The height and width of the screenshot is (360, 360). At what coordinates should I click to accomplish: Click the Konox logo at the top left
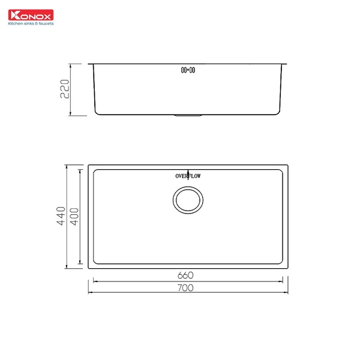click(30, 14)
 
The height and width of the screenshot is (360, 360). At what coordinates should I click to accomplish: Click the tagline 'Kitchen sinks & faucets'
click(31, 24)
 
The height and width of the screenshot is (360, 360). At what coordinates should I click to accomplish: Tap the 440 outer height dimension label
click(61, 216)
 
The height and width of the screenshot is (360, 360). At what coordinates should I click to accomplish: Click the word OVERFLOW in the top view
click(188, 176)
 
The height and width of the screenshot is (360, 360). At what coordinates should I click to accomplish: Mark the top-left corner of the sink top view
click(89, 164)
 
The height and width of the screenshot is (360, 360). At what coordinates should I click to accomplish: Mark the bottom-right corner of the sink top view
click(289, 268)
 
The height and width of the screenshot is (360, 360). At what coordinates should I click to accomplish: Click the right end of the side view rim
click(289, 62)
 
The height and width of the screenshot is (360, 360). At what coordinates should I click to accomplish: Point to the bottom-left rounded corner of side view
click(97, 113)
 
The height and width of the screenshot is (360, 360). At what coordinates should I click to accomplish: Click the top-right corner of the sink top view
click(289, 164)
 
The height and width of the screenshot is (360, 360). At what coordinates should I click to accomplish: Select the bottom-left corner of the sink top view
click(89, 268)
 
